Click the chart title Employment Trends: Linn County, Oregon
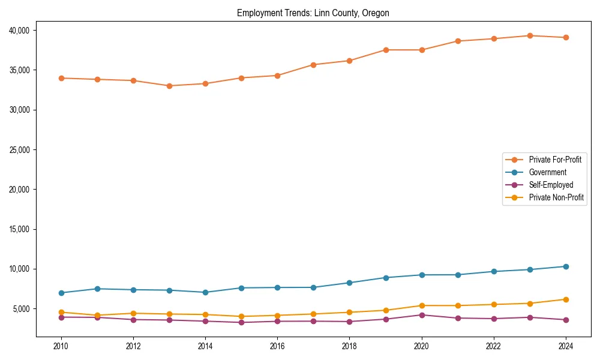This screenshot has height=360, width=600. click(x=313, y=13)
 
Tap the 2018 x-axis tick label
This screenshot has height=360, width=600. click(x=349, y=346)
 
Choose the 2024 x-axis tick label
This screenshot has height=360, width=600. click(x=566, y=346)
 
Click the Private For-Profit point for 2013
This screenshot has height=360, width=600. click(x=169, y=86)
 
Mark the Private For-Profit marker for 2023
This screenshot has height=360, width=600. click(x=530, y=36)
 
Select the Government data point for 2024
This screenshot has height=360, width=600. click(x=566, y=266)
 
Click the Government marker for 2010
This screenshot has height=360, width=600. click(x=61, y=293)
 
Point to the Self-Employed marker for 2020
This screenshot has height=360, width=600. click(x=422, y=315)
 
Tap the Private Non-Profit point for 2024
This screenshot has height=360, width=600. click(x=566, y=299)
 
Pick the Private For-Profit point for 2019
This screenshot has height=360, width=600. click(x=386, y=50)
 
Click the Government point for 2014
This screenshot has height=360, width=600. click(x=205, y=292)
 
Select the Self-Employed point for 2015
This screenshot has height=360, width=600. click(x=241, y=322)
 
